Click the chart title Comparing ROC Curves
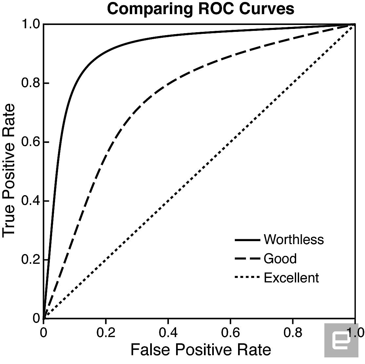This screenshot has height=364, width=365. tap(200, 9)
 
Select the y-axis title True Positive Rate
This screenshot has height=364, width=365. tap(9, 170)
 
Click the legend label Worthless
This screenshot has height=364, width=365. tap(294, 239)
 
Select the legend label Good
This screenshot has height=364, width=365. tap(280, 259)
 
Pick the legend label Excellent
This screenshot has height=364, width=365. tap(291, 278)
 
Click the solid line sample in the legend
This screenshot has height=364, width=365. tap(247, 240)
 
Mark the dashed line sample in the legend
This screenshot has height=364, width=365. tap(247, 259)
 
